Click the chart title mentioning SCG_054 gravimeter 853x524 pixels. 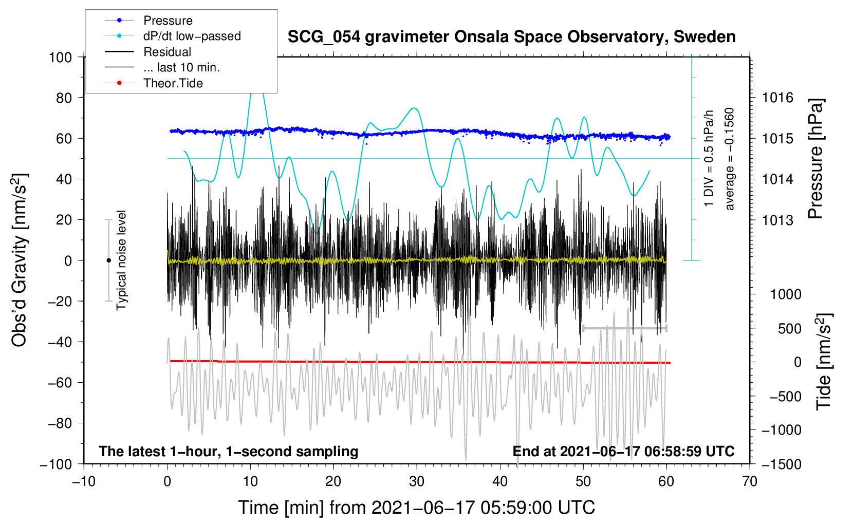point(511,37)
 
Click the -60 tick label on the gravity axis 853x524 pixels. point(60,383)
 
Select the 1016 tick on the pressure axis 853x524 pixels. point(777,98)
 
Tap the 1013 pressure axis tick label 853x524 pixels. point(777,220)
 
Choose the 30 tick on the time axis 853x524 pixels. point(417,482)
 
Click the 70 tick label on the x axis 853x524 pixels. point(749,482)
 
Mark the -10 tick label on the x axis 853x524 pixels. point(84,482)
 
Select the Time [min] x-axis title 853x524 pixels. point(417,508)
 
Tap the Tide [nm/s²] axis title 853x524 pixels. point(824,362)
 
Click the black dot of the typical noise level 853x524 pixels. point(108,260)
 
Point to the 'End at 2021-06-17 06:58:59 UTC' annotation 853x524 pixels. point(623,451)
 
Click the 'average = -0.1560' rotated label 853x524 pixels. point(729,159)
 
